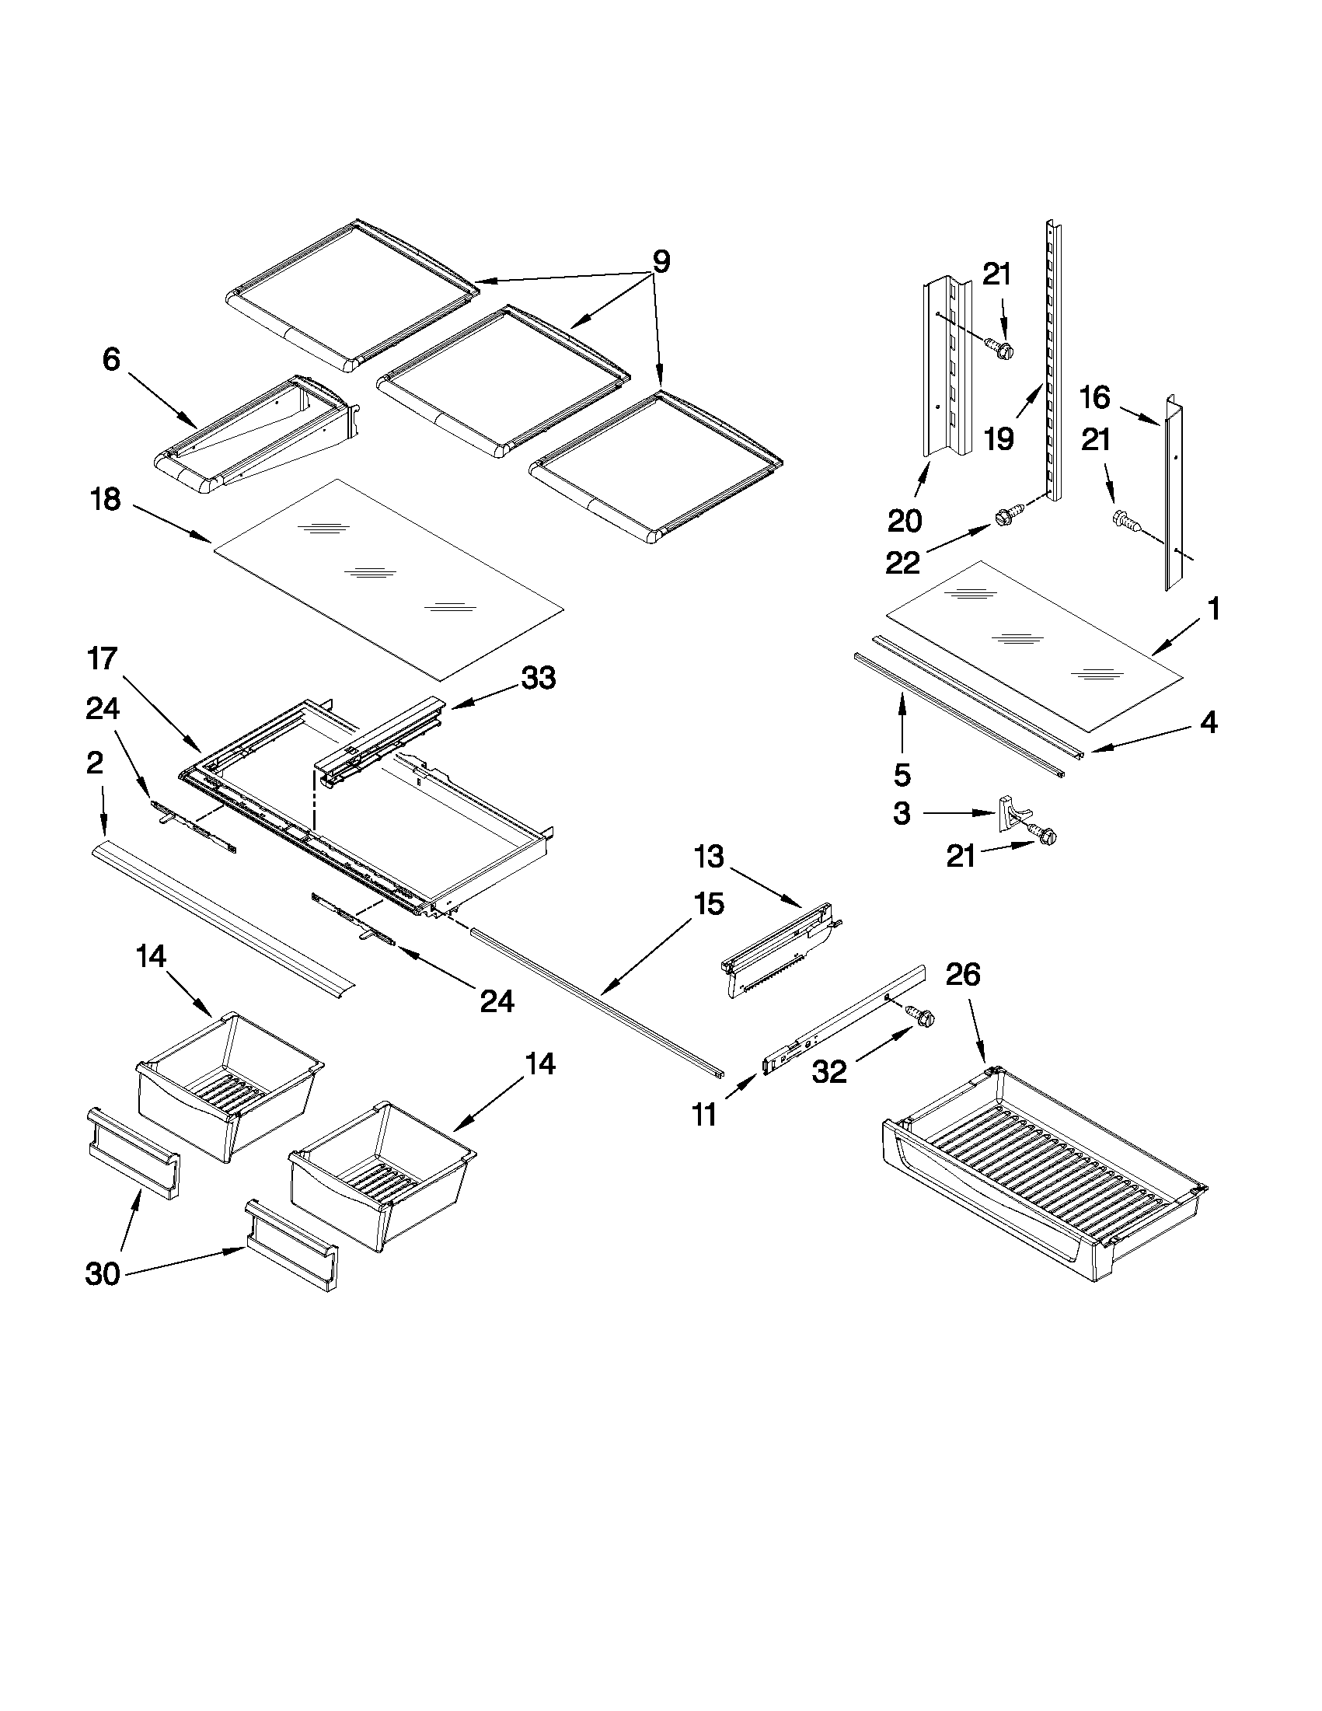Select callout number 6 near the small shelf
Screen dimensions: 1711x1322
(111, 360)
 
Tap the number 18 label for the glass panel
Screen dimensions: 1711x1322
(106, 499)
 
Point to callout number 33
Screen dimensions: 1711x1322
(539, 678)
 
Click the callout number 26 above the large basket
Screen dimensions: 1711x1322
(962, 975)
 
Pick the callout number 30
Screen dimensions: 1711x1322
(103, 1274)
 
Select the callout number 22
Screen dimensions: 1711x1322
(902, 563)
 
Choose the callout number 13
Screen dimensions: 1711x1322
(708, 857)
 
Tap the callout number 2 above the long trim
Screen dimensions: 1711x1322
(94, 763)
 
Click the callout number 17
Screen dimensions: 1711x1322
(102, 659)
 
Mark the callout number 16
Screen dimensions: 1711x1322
(1095, 398)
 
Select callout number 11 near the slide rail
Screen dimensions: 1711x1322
(705, 1114)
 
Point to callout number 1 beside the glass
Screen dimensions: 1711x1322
(1213, 609)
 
